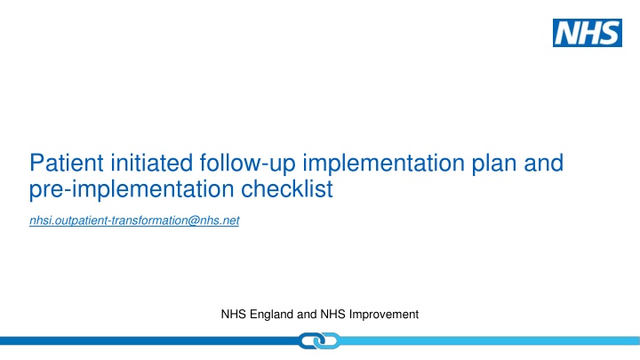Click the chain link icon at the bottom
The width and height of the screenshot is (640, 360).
coord(320,341)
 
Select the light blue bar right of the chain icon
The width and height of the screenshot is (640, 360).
coord(489,340)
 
